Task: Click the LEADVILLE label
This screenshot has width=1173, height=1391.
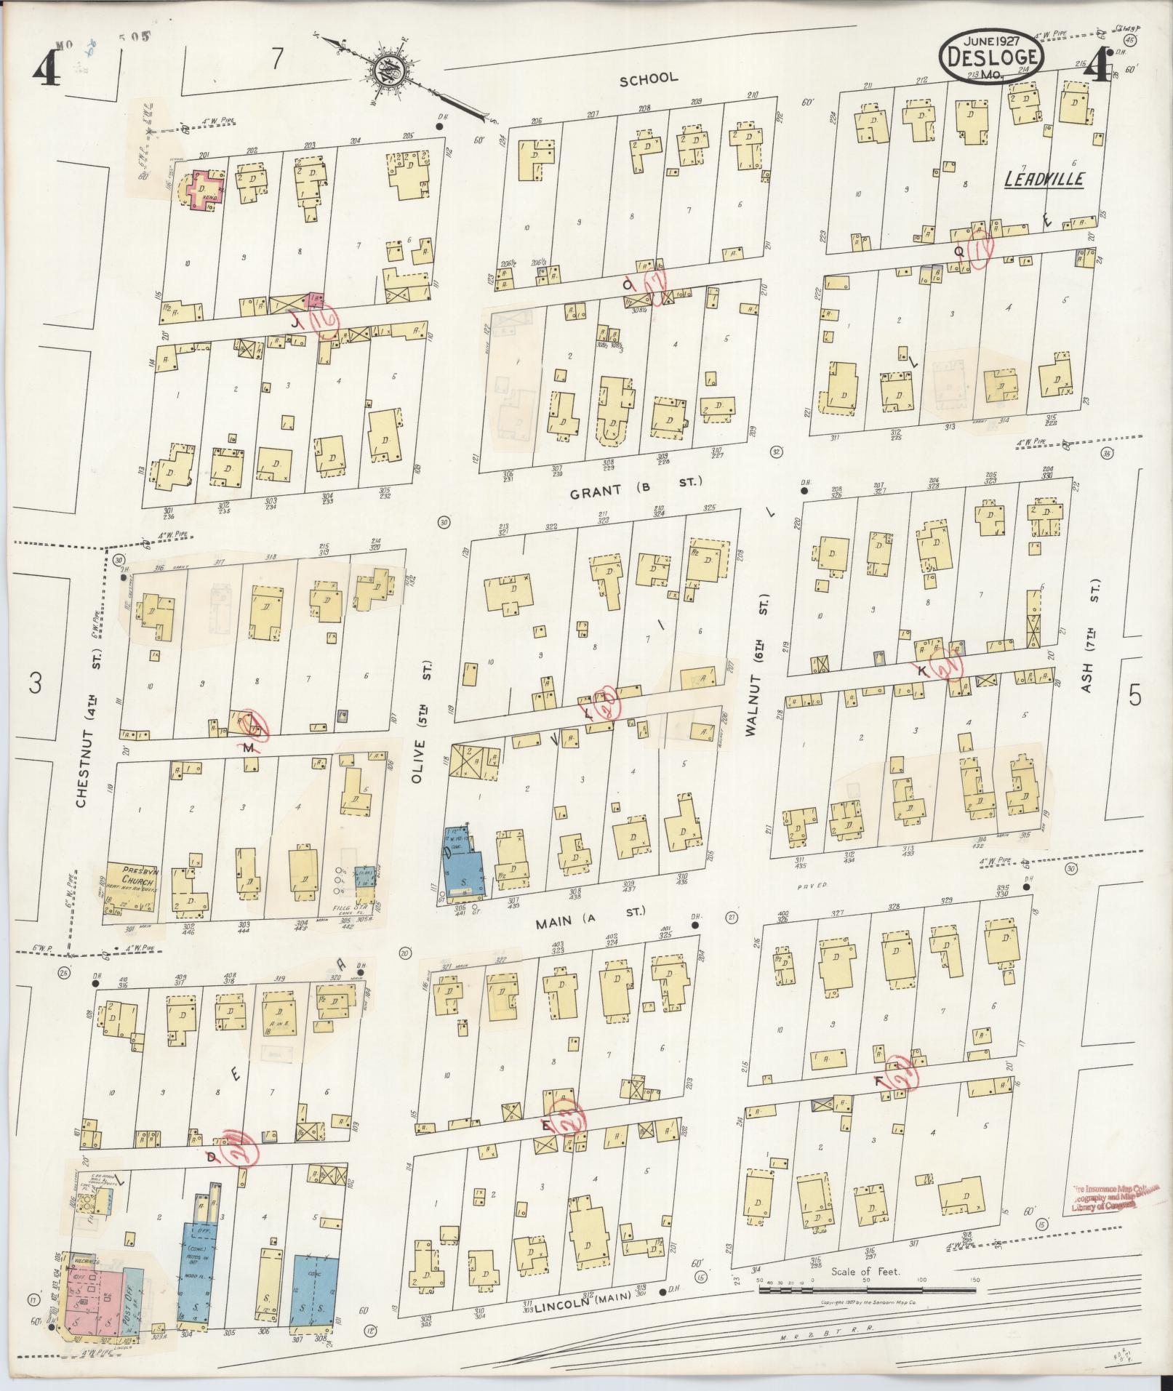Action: coord(1044,179)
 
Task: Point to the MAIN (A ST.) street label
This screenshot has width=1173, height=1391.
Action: coord(590,919)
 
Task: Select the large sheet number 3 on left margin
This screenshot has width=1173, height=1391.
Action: coord(34,684)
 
